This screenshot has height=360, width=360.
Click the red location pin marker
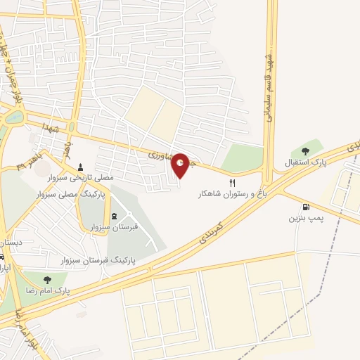coord(181,166)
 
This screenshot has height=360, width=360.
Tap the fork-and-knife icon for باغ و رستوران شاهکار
coord(223,183)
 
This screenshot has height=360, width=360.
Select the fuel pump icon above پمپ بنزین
coord(305,207)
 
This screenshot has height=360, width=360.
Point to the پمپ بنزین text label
coord(305,219)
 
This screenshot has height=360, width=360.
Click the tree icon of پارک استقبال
coord(305,150)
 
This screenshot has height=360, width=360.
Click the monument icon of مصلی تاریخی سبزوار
coord(81,167)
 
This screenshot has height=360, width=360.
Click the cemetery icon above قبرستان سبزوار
coord(115,216)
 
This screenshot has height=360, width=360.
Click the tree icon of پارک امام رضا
coord(46,280)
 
